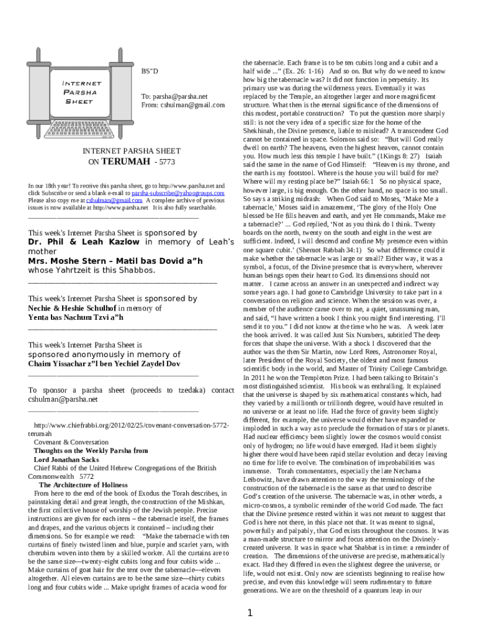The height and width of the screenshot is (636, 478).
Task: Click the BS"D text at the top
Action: point(150,71)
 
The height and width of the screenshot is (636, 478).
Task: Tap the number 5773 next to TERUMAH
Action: point(168,162)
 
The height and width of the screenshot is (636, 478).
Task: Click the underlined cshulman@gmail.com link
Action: point(115,201)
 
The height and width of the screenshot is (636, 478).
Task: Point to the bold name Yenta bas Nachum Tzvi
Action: point(76,317)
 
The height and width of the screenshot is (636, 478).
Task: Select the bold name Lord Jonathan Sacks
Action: point(70,460)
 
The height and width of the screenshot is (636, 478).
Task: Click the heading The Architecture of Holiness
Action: point(83,484)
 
